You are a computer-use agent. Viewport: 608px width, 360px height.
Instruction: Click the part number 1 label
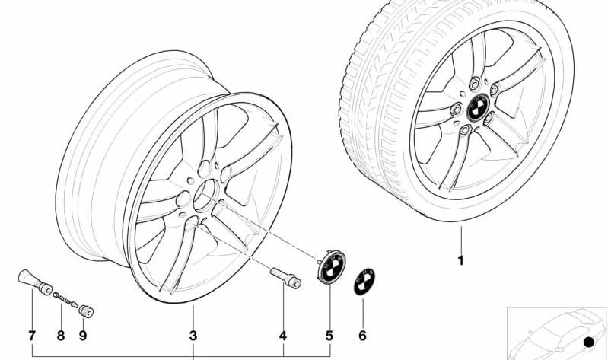point(460,260)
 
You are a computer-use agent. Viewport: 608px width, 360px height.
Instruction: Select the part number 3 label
point(193,336)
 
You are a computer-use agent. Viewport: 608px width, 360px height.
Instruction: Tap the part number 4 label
point(283,336)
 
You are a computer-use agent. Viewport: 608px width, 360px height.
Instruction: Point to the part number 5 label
point(329,336)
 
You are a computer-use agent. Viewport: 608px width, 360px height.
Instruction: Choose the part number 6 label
point(362,336)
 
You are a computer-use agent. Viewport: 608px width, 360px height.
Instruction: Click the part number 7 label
point(32,336)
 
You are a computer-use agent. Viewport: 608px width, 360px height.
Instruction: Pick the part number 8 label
point(60,336)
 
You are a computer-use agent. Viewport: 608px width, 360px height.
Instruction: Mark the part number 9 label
point(83,336)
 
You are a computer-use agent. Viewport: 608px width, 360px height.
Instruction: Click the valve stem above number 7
point(35,282)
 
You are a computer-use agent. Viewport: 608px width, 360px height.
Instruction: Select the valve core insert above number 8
point(66,300)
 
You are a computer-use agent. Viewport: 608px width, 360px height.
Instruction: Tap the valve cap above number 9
point(86,311)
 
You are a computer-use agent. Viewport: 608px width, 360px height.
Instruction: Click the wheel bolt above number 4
point(286,278)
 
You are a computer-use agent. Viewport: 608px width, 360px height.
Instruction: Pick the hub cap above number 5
point(332,266)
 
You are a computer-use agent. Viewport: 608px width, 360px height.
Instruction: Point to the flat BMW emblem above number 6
point(364,282)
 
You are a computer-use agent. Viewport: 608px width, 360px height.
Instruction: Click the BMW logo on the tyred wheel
point(478,107)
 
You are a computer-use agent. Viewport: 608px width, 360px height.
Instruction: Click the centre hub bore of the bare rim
point(206,196)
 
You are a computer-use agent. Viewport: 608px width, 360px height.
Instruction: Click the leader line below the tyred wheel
point(461,239)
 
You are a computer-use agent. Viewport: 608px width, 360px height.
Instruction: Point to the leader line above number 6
point(363,313)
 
